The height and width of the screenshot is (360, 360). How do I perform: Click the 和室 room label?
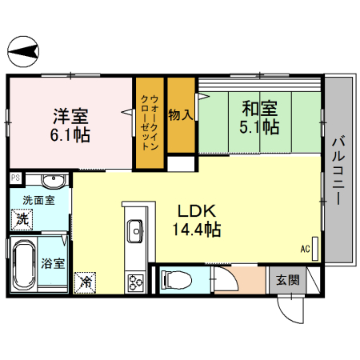(256, 106)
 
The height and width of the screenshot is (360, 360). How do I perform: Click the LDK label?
(195, 212)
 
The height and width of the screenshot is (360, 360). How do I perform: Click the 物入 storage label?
(180, 114)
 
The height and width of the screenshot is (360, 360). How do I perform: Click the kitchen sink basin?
(134, 232)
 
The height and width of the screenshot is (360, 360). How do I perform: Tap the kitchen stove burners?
(134, 281)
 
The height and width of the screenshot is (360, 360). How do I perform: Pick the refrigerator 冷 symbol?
(86, 282)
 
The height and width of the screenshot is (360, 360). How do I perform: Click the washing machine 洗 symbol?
(23, 218)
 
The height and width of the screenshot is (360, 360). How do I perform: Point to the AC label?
(305, 249)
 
